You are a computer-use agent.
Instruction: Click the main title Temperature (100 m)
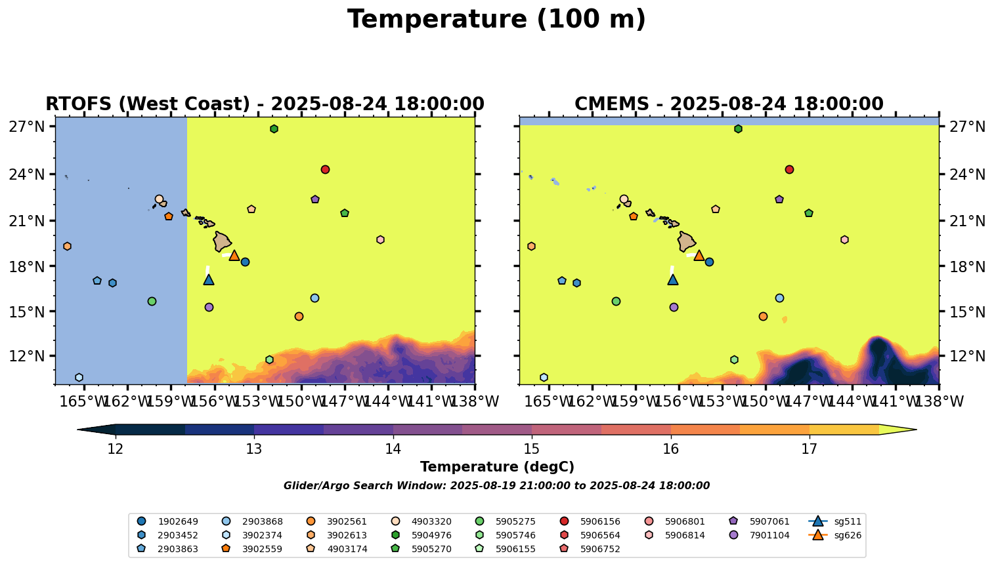tap(496, 20)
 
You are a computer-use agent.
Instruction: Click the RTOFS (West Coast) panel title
tap(265, 104)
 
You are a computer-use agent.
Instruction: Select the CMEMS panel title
tap(729, 104)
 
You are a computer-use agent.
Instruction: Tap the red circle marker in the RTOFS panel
tap(325, 169)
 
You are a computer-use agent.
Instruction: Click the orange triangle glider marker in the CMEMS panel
tap(699, 255)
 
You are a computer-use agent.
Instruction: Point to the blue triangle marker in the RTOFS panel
tap(209, 280)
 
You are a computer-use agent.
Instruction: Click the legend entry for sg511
tap(834, 521)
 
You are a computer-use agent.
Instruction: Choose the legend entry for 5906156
tap(590, 521)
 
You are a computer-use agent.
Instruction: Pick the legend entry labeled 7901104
tap(759, 535)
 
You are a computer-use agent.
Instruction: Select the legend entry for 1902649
tap(167, 521)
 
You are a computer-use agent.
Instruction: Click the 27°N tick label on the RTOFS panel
tap(27, 127)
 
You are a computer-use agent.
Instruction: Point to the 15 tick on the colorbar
tap(532, 449)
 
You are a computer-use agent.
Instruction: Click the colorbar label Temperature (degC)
tap(497, 467)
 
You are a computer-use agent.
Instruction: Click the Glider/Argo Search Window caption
tap(496, 486)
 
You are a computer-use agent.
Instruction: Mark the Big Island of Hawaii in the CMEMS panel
tap(686, 241)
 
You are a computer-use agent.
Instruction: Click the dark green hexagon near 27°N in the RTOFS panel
tap(274, 129)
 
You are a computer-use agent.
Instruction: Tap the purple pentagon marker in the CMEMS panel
tap(779, 199)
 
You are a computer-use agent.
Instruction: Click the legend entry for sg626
tap(834, 535)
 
